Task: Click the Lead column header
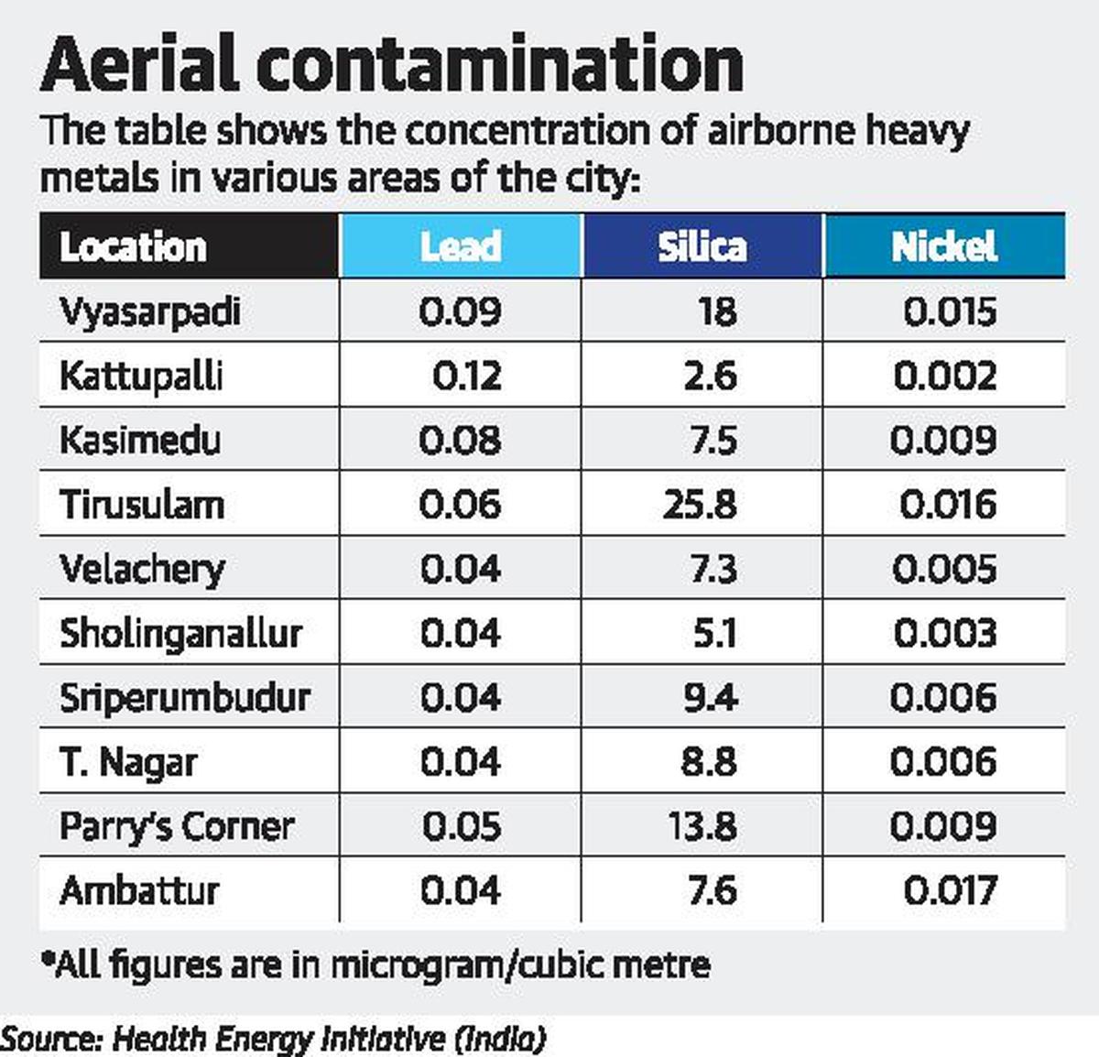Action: coord(460,246)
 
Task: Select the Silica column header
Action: coord(702,246)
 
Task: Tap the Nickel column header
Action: coord(943,246)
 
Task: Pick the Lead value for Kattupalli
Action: coord(466,376)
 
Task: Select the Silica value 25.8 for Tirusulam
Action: coord(700,505)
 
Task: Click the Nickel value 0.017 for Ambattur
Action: coord(950,890)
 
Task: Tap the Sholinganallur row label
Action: coord(180,634)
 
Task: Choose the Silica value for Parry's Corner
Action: coord(702,826)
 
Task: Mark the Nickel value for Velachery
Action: coord(944,570)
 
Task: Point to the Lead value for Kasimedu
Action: coord(460,441)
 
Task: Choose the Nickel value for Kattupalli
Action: coord(944,376)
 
